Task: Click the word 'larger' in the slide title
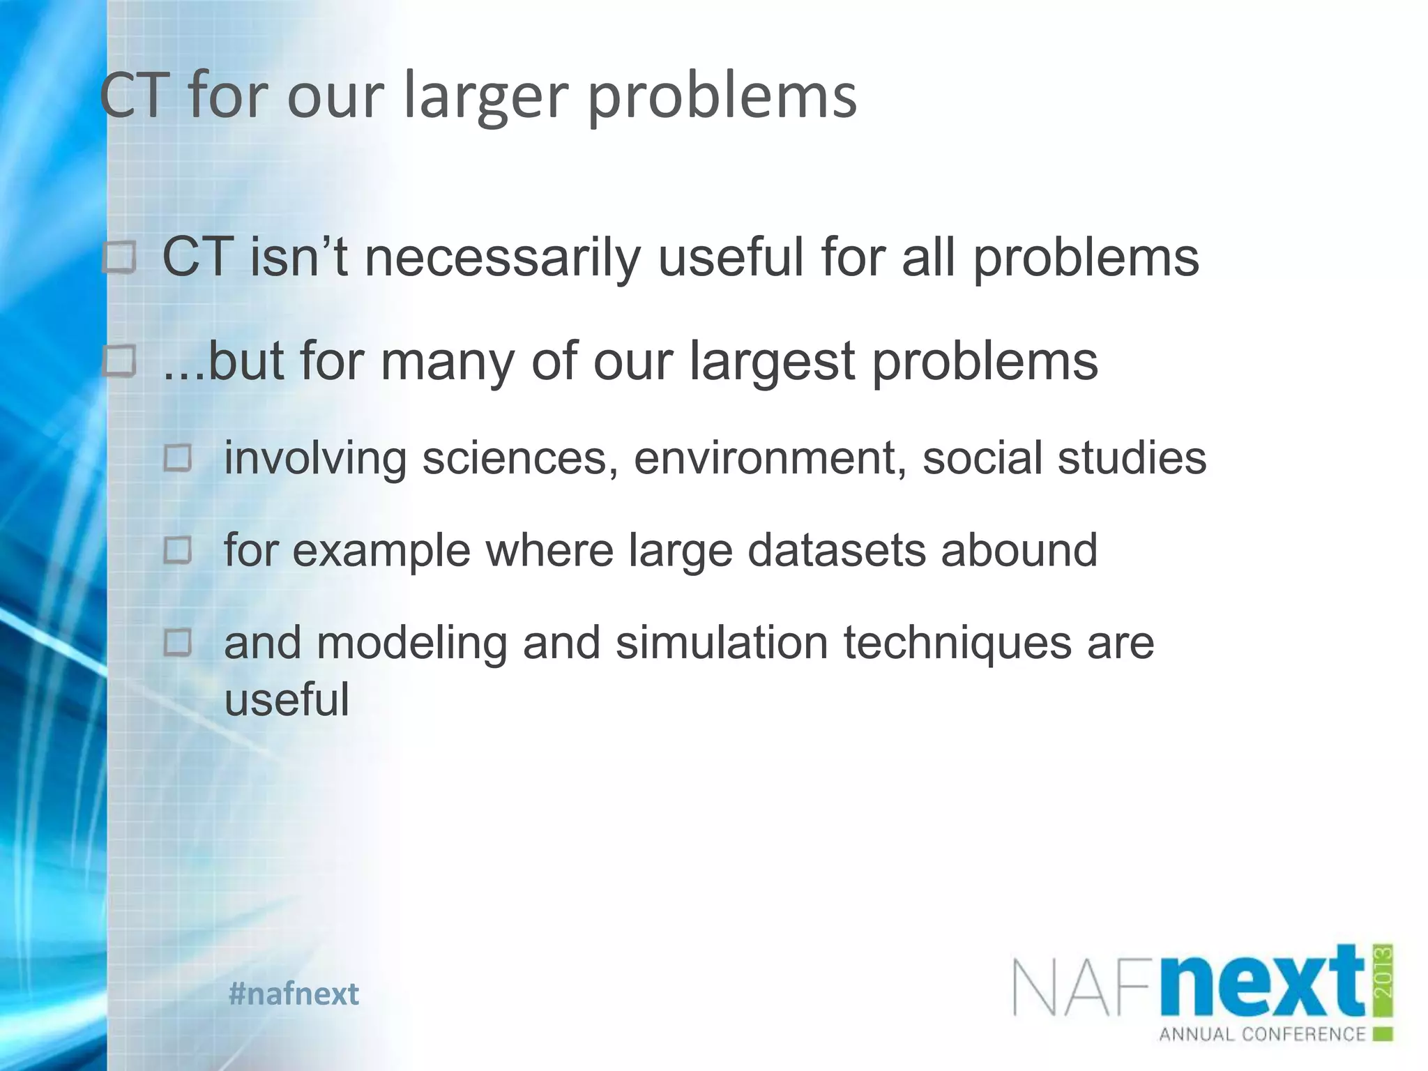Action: click(486, 96)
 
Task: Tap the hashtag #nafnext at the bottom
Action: click(294, 994)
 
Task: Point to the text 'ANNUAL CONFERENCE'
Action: click(1262, 1034)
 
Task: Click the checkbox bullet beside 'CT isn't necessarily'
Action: click(120, 259)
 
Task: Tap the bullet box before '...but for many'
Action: click(120, 363)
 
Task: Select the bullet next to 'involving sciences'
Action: click(178, 459)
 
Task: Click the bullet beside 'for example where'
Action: click(178, 551)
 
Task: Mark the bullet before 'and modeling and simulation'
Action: click(178, 642)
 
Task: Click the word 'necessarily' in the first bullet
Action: click(502, 258)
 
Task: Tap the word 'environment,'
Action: click(770, 458)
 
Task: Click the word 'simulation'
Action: click(722, 642)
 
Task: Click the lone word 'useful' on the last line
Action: click(287, 699)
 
